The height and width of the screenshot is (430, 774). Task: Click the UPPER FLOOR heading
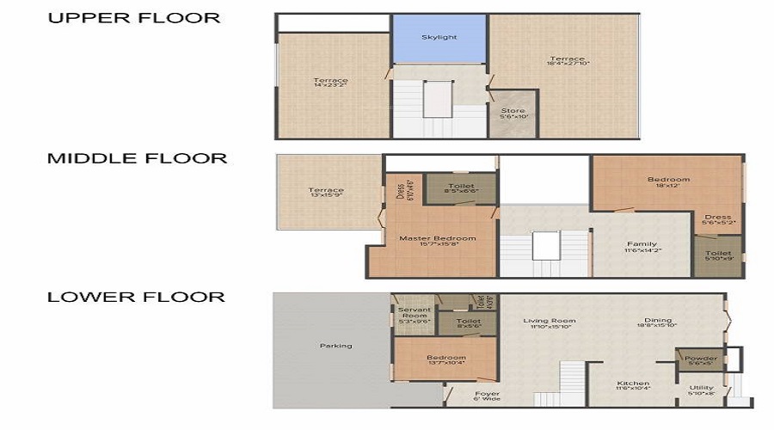(133, 18)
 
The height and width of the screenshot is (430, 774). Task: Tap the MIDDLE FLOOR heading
(137, 158)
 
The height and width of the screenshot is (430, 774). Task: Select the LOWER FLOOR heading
(136, 298)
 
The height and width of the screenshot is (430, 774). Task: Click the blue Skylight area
(439, 38)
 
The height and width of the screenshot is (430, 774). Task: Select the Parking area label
(335, 346)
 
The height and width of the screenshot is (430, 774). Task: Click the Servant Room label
(415, 313)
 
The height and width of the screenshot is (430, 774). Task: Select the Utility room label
(702, 390)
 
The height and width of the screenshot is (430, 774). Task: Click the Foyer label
(488, 396)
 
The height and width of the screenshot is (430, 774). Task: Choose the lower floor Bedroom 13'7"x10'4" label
(446, 359)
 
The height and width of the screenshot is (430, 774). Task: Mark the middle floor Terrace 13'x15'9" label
(326, 193)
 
